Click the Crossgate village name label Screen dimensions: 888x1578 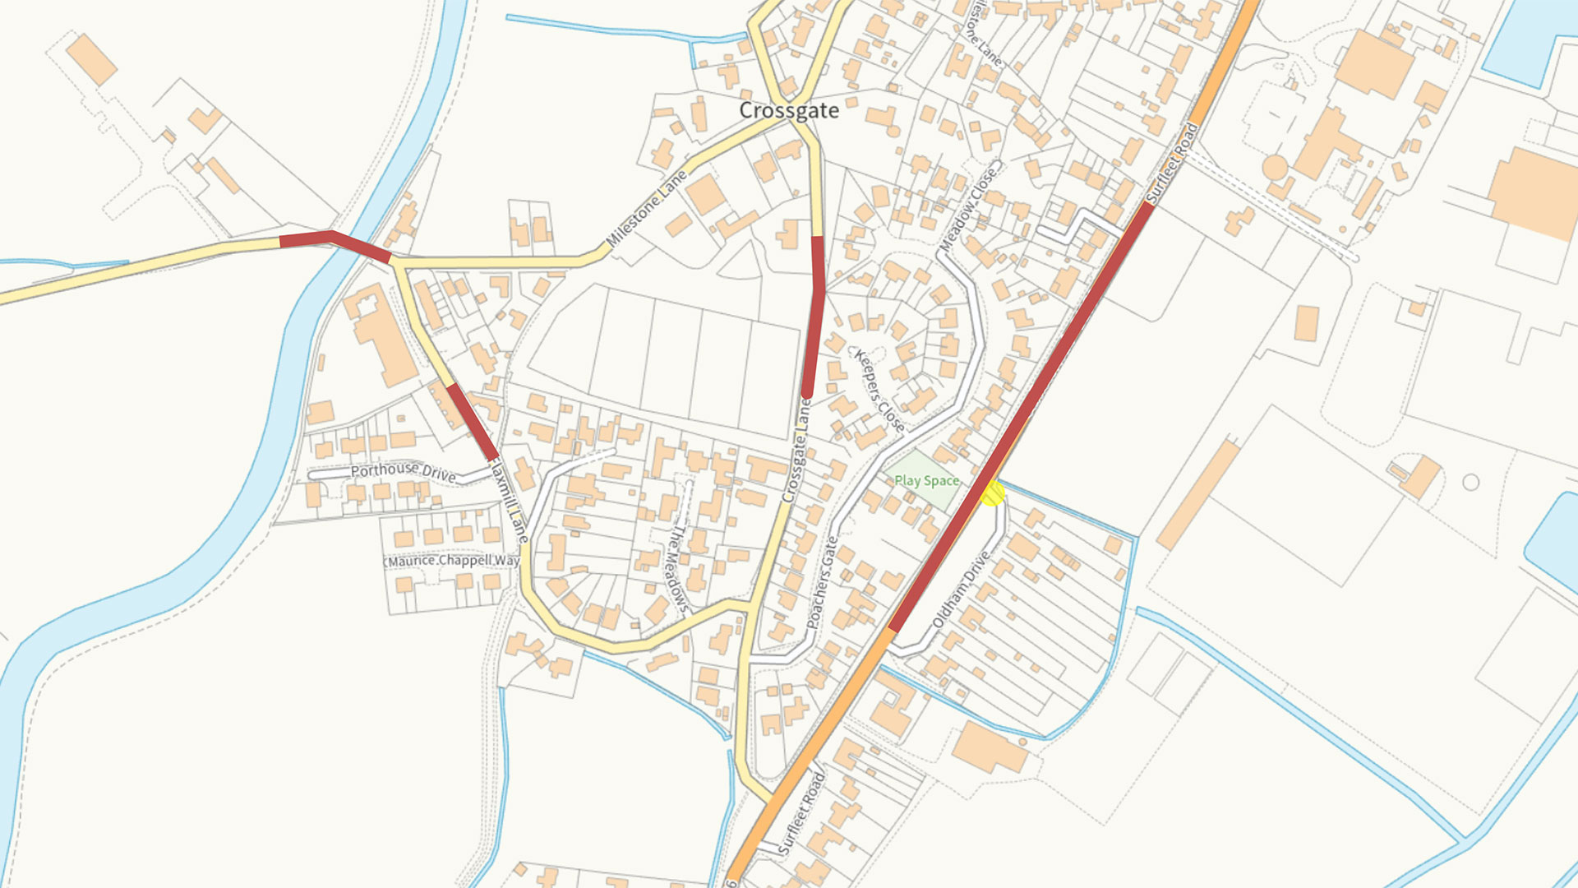point(789,110)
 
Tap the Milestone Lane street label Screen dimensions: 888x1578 point(647,209)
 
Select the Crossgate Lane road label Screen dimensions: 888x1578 point(796,451)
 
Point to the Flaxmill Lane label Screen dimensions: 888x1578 point(510,500)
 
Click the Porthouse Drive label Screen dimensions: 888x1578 point(403,471)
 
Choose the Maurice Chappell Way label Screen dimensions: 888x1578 point(453,561)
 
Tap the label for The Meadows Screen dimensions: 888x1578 point(676,567)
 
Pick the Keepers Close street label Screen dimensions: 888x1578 point(879,391)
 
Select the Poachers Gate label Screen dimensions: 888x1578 point(822,582)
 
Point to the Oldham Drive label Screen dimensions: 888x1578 point(961,590)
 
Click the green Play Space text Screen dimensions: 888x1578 point(926,481)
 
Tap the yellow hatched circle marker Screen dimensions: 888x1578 point(993,493)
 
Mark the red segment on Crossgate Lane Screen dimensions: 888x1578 point(814,317)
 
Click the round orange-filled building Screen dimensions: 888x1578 point(1275,168)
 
